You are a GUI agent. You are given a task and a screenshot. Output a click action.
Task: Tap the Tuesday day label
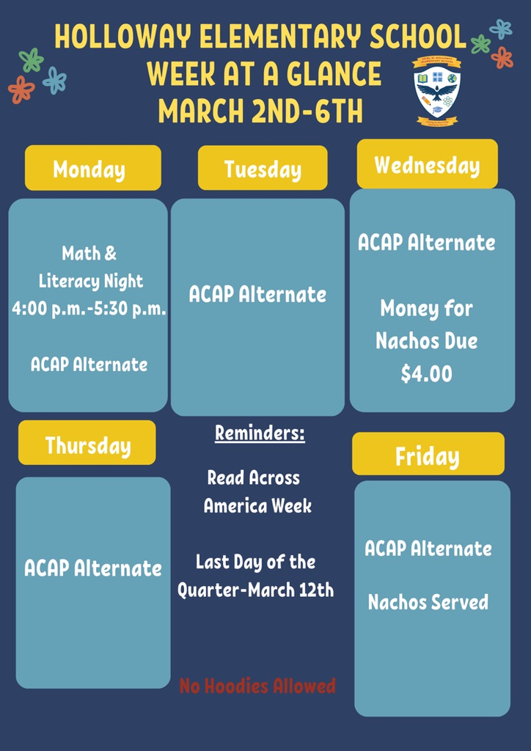pyautogui.click(x=263, y=169)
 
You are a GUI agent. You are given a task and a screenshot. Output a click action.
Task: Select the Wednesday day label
pyautogui.click(x=427, y=164)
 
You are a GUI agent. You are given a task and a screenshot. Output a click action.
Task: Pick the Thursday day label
pyautogui.click(x=87, y=444)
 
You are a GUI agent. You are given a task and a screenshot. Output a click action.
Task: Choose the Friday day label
pyautogui.click(x=428, y=456)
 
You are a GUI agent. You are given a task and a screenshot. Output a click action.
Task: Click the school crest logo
pyautogui.click(x=437, y=91)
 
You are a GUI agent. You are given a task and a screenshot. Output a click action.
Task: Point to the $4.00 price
pyautogui.click(x=426, y=374)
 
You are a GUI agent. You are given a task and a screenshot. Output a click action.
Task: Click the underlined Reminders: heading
pyautogui.click(x=260, y=433)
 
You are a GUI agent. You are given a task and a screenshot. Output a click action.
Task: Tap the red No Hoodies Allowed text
pyautogui.click(x=257, y=686)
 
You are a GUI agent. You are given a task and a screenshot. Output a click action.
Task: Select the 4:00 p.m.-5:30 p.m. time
pyautogui.click(x=89, y=309)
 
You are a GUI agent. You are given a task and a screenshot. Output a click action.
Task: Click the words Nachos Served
pyautogui.click(x=428, y=603)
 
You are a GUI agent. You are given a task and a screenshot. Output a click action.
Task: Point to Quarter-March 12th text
pyautogui.click(x=255, y=590)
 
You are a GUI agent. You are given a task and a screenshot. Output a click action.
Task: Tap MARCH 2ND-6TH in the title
pyautogui.click(x=260, y=112)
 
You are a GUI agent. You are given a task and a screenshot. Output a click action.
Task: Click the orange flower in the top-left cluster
pyautogui.click(x=21, y=89)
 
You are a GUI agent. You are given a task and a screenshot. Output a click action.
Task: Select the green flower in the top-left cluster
pyautogui.click(x=32, y=60)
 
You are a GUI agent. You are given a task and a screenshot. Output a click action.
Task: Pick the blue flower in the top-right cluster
pyautogui.click(x=501, y=29)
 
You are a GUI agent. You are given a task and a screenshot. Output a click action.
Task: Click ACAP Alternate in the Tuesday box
pyautogui.click(x=257, y=295)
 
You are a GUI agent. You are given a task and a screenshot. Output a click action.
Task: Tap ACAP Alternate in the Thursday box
pyautogui.click(x=93, y=568)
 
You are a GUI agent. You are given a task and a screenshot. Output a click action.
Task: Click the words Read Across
pyautogui.click(x=254, y=478)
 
